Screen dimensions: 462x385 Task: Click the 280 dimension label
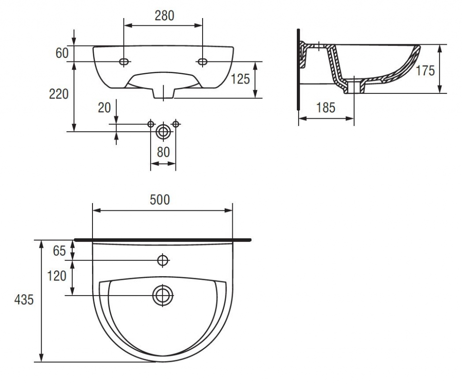(x=164, y=16)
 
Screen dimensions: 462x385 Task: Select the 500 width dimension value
(x=160, y=199)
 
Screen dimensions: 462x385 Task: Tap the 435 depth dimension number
(x=24, y=300)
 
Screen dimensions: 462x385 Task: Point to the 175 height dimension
(x=425, y=71)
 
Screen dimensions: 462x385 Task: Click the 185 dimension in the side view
(x=326, y=107)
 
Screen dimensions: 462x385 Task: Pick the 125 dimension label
(x=240, y=79)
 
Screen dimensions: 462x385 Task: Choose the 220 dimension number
(x=59, y=94)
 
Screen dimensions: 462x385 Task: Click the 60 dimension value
(x=62, y=53)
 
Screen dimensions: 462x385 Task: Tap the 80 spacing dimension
(x=163, y=152)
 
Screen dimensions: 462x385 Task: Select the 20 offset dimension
(x=104, y=107)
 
